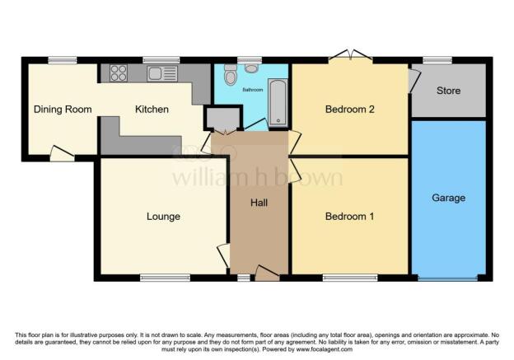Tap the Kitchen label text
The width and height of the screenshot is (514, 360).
pos(152,109)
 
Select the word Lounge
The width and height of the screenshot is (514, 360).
pos(163,217)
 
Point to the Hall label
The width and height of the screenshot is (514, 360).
pos(259,203)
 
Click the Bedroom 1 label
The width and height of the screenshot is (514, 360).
pos(349,217)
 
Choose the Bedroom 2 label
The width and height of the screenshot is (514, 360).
pos(349,109)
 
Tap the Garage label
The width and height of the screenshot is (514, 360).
pos(450,199)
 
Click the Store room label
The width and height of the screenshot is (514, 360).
pos(448,91)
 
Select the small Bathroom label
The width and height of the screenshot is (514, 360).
pos(252,90)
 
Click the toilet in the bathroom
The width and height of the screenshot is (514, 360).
pos(230,75)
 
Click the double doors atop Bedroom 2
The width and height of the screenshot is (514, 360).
pos(349,56)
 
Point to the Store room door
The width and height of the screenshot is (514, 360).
pos(414,80)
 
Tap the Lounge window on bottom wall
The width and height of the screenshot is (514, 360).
pos(159,278)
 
